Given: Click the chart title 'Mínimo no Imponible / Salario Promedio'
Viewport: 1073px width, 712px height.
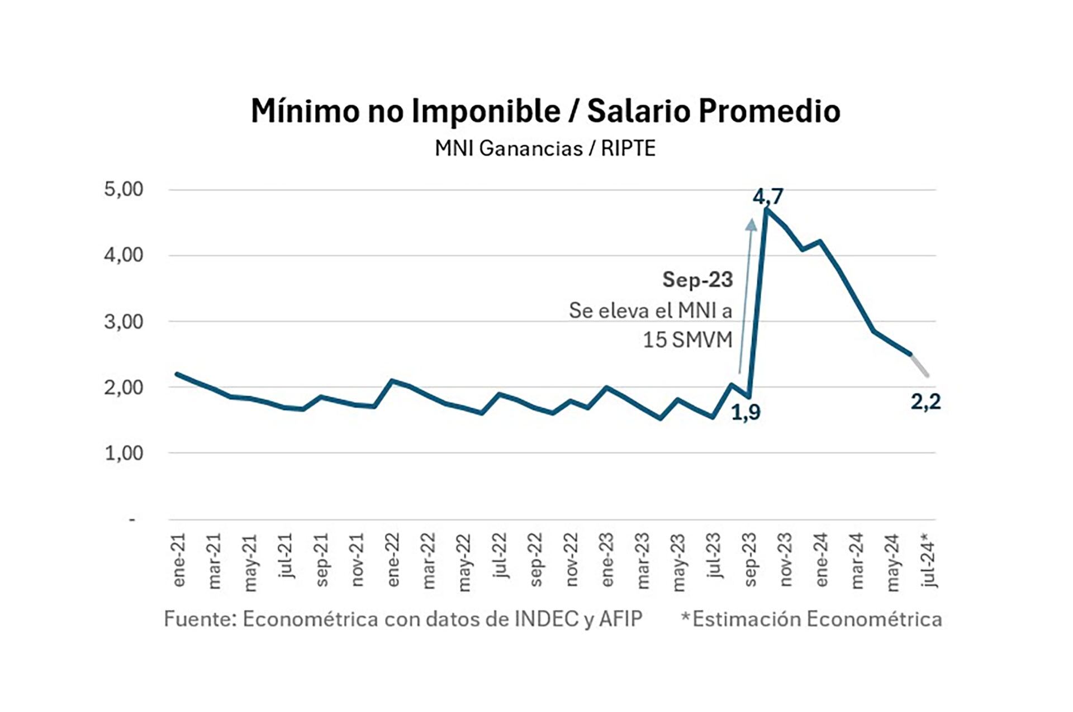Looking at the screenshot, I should (545, 111).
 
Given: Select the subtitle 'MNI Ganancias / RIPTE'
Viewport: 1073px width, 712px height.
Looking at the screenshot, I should (545, 149).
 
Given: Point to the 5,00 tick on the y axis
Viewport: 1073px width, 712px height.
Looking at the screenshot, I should (124, 189).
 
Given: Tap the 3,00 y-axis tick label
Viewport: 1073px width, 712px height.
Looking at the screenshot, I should (124, 322).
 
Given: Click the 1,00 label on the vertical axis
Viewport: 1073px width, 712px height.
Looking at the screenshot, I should (124, 453).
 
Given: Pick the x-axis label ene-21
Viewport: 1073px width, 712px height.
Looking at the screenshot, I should (179, 560).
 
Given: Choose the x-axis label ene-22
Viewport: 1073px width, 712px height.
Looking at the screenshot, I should (393, 560).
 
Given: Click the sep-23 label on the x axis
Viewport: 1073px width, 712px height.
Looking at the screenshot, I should (751, 560).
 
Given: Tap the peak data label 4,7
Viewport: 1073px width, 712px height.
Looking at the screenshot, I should (768, 197).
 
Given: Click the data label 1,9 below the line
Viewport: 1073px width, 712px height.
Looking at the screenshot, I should (746, 412).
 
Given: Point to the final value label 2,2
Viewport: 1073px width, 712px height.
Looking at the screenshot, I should (925, 402).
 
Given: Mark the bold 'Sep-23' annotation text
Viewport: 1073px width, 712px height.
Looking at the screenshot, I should (697, 280).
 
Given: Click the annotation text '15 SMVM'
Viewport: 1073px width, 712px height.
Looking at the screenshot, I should (687, 340).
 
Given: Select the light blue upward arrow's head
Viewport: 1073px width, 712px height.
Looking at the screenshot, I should (752, 224).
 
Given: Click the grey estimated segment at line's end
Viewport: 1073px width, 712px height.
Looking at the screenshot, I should (920, 365).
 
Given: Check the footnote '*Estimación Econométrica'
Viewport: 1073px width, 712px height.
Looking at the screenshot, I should (811, 619).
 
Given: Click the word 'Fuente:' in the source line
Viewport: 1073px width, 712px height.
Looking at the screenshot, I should (200, 619).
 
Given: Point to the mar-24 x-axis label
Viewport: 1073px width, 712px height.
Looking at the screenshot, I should (857, 560).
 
